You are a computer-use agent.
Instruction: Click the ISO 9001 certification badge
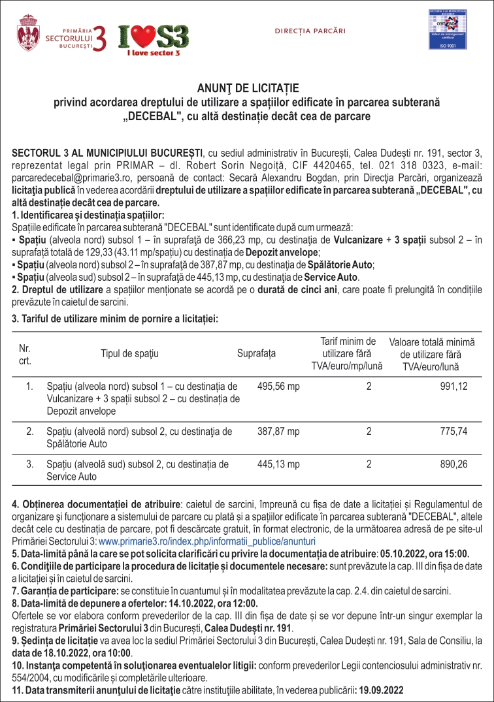[x=450, y=31]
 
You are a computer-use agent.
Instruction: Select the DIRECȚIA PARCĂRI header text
[x=310, y=31]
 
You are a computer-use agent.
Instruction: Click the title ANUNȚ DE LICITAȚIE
[x=247, y=88]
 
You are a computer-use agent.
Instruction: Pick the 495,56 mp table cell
[x=278, y=387]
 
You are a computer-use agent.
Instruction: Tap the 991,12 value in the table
[x=453, y=387]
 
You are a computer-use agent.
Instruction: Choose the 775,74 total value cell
[x=453, y=431]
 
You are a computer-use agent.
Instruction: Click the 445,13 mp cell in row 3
[x=278, y=464]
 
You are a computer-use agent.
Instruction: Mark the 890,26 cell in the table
[x=453, y=464]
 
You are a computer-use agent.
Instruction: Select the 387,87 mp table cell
[x=278, y=431]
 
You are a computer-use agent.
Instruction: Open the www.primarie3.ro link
[x=207, y=541]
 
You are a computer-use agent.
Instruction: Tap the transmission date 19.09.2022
[x=380, y=690]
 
